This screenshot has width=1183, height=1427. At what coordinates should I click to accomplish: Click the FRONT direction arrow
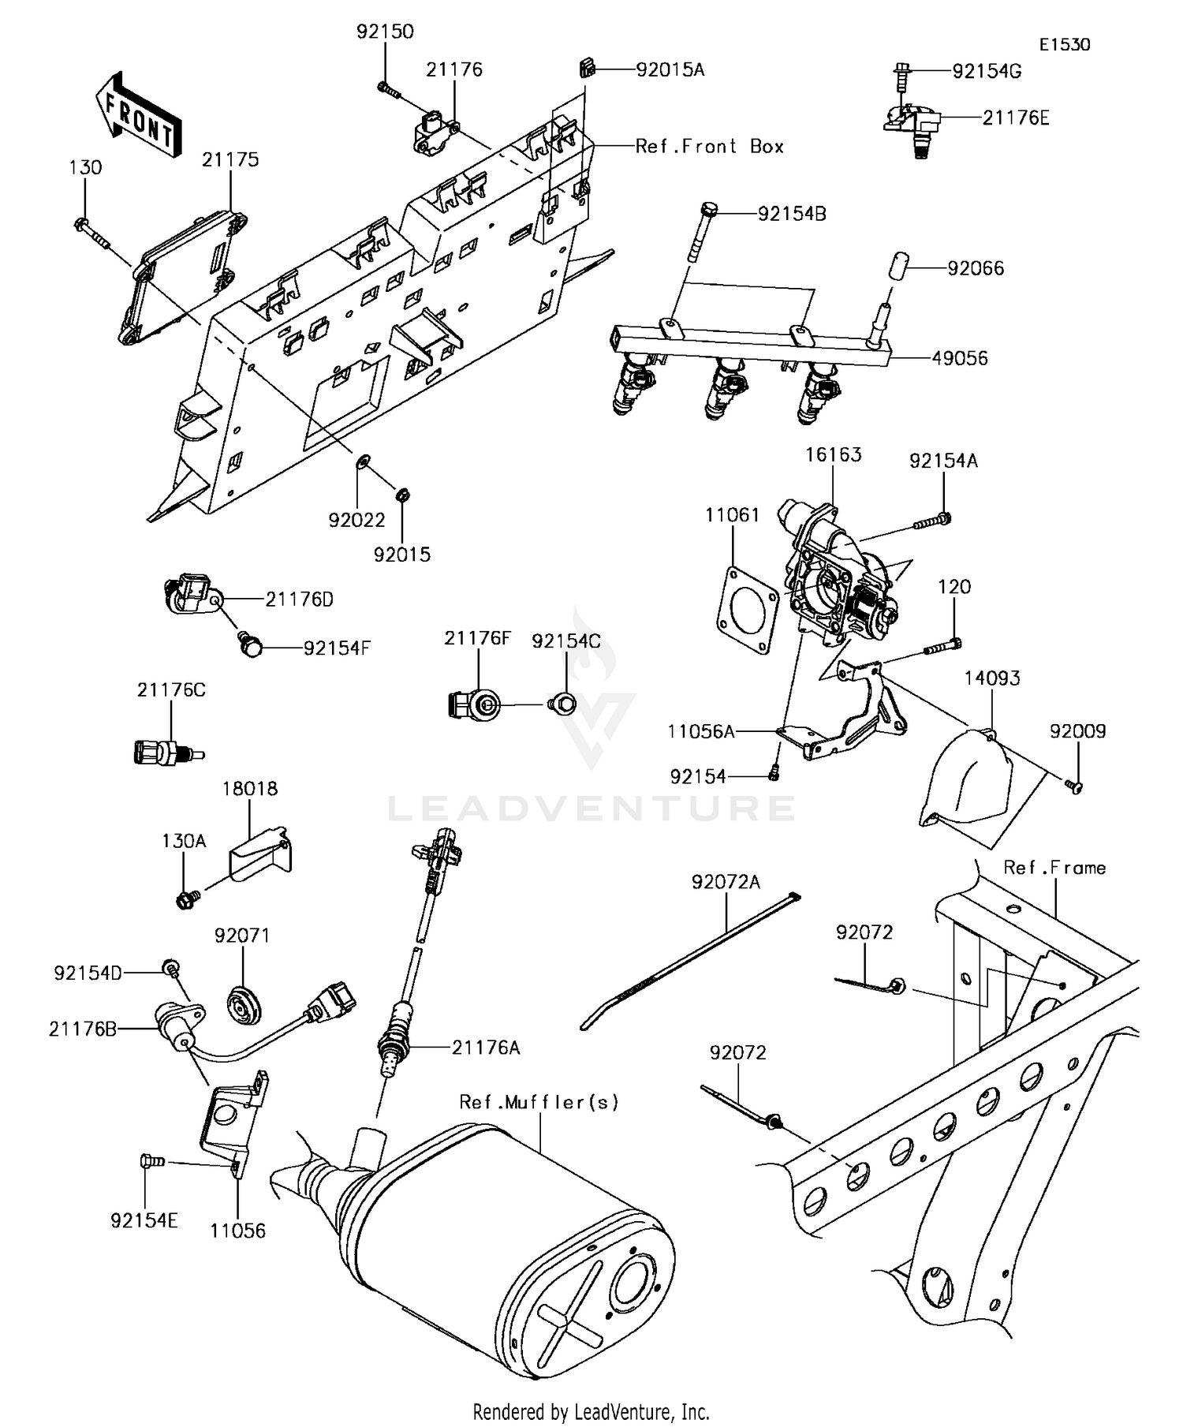tap(138, 114)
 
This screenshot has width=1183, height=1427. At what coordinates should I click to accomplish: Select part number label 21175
tap(230, 159)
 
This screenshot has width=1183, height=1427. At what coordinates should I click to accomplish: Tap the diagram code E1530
tap(1063, 45)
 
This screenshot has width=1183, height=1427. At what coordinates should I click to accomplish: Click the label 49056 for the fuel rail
tap(959, 358)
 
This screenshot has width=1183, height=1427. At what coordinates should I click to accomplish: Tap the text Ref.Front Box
tap(709, 147)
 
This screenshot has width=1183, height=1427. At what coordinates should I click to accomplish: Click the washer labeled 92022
tap(364, 461)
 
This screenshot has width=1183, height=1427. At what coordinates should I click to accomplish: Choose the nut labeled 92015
tap(401, 495)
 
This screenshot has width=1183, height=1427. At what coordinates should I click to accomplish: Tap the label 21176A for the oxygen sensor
tap(486, 1048)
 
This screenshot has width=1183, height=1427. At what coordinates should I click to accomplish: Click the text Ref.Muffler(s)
tap(539, 1102)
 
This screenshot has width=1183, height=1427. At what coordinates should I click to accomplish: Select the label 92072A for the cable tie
tap(726, 882)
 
